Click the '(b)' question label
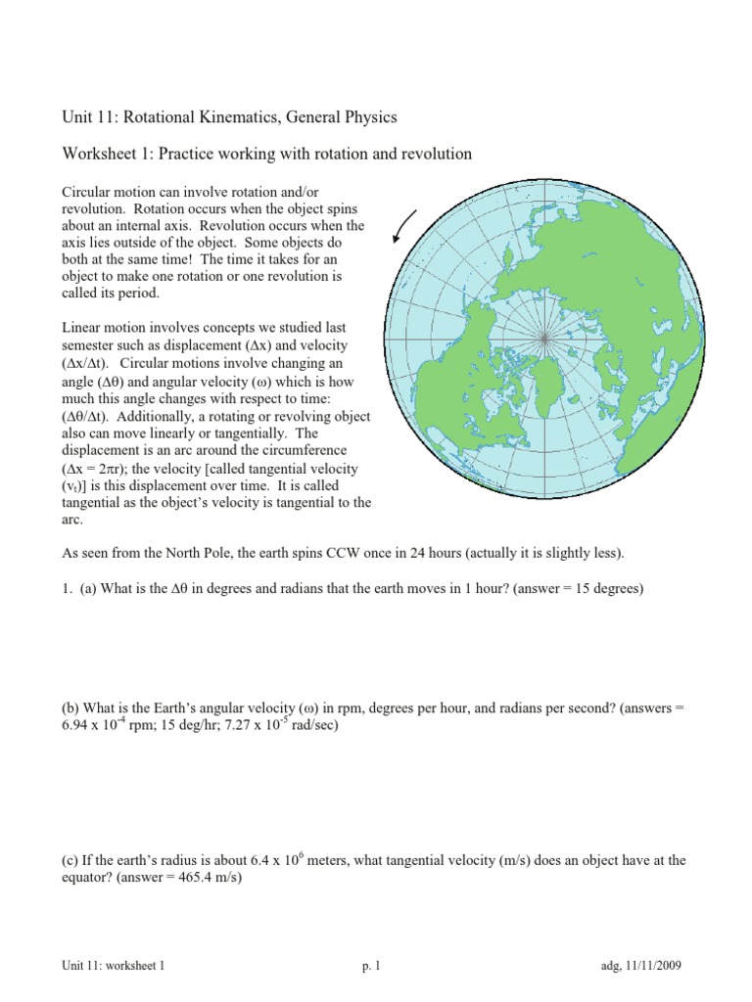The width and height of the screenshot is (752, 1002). [71, 707]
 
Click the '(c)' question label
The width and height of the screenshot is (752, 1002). [71, 861]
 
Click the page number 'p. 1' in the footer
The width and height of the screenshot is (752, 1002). [370, 966]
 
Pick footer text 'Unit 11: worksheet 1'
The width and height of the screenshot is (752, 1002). [115, 966]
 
